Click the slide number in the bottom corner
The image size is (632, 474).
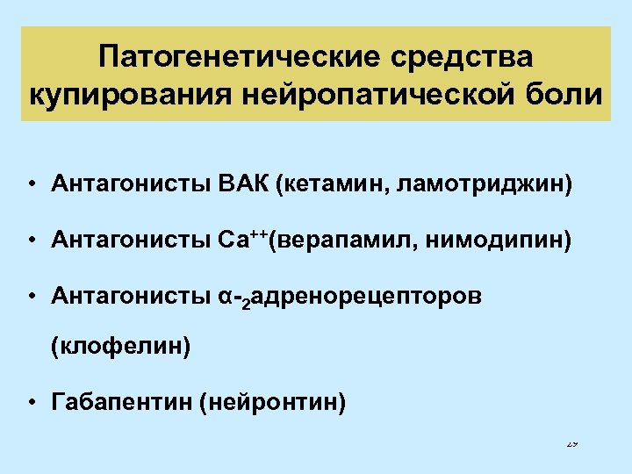572,443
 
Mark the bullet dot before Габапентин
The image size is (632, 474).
31,404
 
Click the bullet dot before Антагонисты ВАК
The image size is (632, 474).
31,185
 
